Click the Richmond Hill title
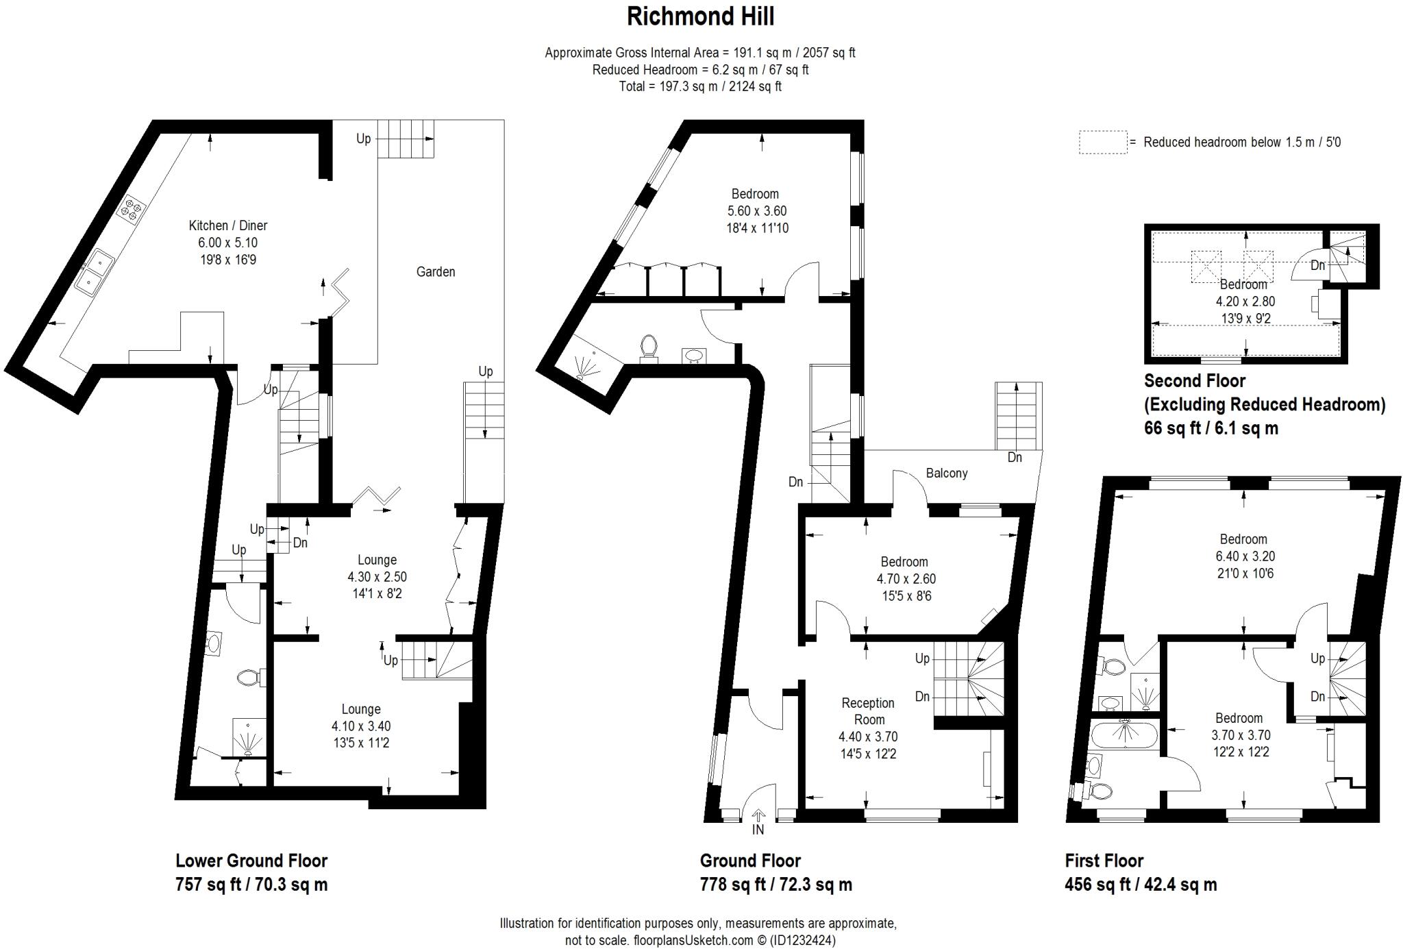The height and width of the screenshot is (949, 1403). [700, 17]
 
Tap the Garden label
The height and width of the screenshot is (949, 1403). [436, 272]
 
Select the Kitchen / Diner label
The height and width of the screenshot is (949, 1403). [228, 225]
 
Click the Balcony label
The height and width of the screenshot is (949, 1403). [947, 473]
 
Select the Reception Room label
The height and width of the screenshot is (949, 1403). [868, 711]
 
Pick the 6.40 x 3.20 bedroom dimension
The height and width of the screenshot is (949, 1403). [1243, 556]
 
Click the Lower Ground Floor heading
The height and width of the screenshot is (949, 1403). [251, 861]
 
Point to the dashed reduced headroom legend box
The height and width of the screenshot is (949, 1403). [1103, 142]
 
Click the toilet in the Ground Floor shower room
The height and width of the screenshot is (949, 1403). [648, 347]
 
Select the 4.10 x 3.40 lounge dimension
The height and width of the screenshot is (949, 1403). [361, 726]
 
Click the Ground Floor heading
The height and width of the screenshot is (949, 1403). [750, 861]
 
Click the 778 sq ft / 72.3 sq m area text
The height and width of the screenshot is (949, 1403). [775, 885]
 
